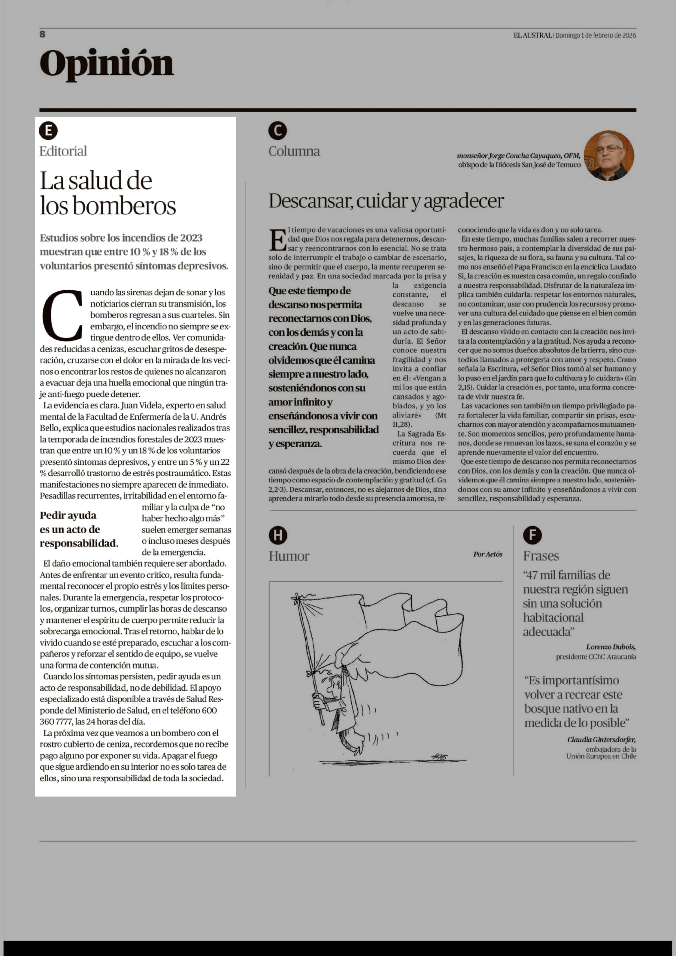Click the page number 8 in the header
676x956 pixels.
42,34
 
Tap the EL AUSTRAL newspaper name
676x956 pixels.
532,35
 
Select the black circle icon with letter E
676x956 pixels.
48,131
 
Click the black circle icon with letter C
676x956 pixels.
278,131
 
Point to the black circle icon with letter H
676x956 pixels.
278,535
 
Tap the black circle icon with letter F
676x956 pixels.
532,535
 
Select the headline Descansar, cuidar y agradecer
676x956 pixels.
386,201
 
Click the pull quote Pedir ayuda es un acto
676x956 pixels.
79,529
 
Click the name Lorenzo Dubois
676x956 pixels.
610,647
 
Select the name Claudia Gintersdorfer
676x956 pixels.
601,740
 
